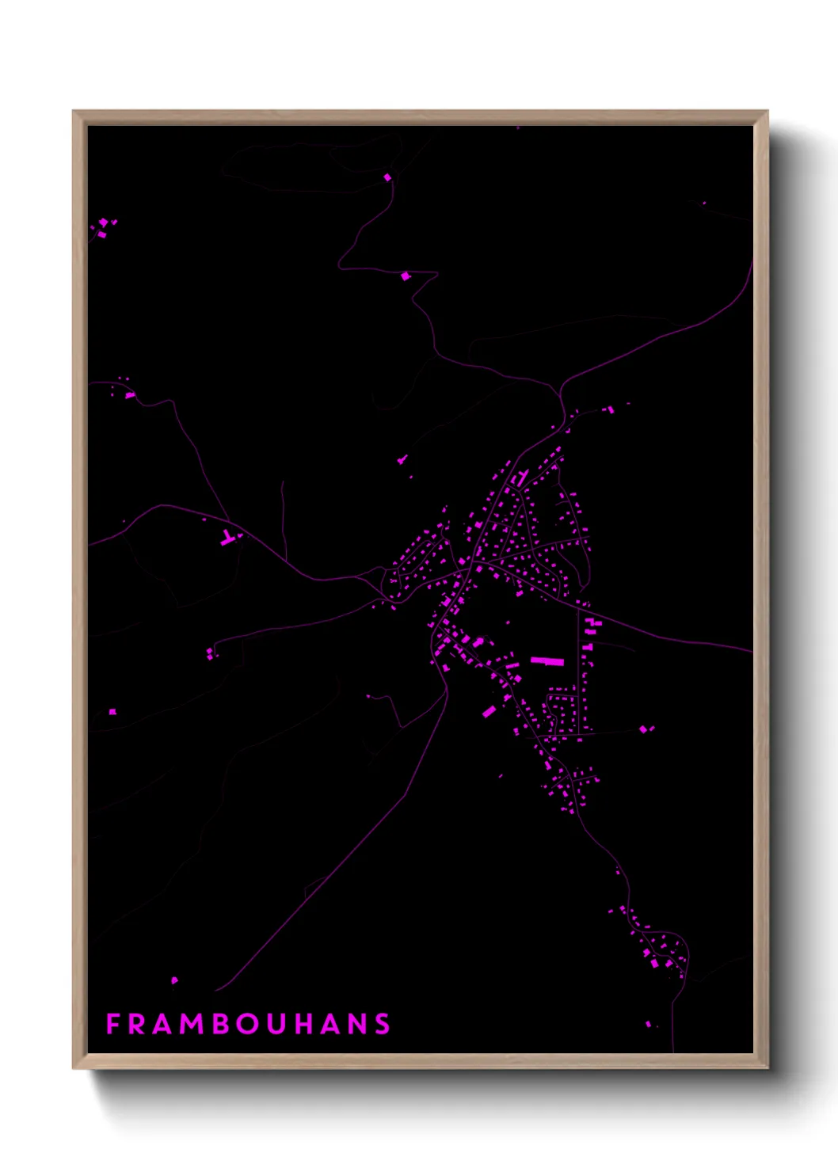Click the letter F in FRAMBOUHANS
click(x=112, y=1024)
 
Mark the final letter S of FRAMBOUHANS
click(x=383, y=1024)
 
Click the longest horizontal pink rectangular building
click(x=547, y=660)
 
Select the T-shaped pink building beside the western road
click(x=229, y=538)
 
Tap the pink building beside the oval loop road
click(x=387, y=177)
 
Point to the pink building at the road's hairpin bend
click(x=406, y=276)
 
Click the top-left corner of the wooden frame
click(x=74, y=112)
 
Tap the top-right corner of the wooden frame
click(x=767, y=112)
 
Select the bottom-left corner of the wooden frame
click(x=74, y=1067)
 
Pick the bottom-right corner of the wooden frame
click(x=767, y=1067)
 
